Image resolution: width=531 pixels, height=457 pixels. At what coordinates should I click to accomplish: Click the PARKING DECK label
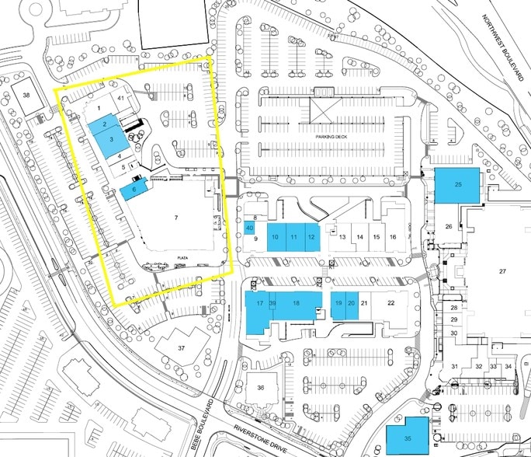pyautogui.click(x=334, y=136)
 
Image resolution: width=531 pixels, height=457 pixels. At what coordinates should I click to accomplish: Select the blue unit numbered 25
pyautogui.click(x=458, y=185)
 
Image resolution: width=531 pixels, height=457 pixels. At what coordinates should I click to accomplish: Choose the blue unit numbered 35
pyautogui.click(x=408, y=438)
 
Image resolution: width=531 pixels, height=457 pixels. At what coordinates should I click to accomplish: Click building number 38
pyautogui.click(x=26, y=95)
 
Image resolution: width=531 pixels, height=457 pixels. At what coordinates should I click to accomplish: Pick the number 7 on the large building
pyautogui.click(x=176, y=218)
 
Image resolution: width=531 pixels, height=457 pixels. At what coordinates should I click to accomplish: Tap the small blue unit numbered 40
pyautogui.click(x=249, y=228)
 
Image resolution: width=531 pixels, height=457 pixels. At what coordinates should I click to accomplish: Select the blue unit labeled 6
pyautogui.click(x=134, y=189)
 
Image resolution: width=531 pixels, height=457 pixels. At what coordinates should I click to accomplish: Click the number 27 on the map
pyautogui.click(x=502, y=271)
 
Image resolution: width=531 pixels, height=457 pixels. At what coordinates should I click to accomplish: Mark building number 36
pyautogui.click(x=261, y=387)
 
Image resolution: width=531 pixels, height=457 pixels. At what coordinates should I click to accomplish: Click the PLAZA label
pyautogui.click(x=183, y=256)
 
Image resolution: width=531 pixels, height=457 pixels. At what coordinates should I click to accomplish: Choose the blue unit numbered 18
pyautogui.click(x=296, y=303)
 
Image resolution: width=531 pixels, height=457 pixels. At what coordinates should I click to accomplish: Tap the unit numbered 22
pyautogui.click(x=391, y=303)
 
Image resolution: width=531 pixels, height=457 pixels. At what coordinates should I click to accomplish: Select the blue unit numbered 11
pyautogui.click(x=293, y=236)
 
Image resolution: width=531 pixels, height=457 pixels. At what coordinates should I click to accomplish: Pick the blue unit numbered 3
pyautogui.click(x=112, y=140)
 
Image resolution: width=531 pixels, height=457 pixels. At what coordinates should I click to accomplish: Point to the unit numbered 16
pyautogui.click(x=393, y=236)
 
